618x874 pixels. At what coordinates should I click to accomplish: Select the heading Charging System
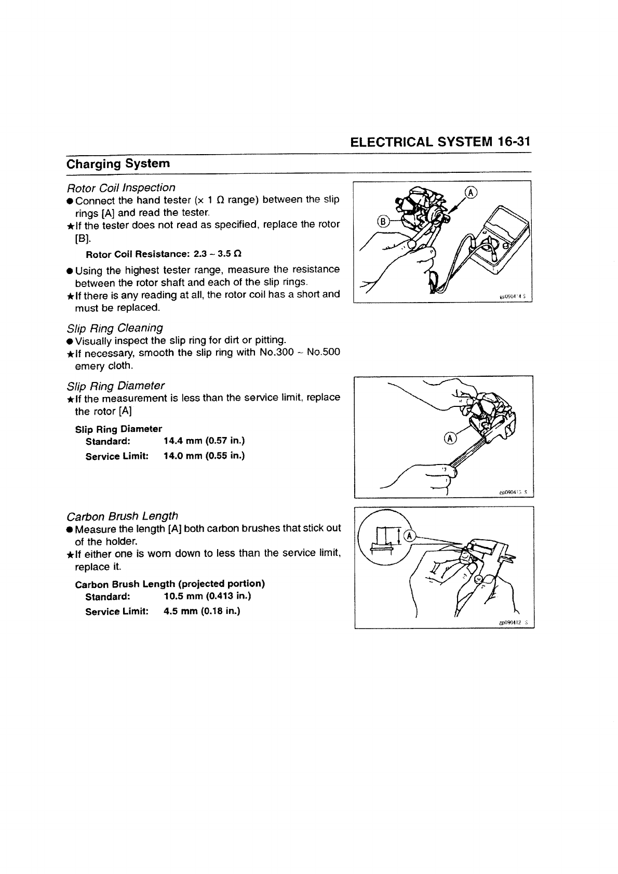[x=118, y=163]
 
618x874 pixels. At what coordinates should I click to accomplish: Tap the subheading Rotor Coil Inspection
[x=121, y=187]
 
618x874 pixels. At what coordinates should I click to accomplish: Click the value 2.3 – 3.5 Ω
[x=217, y=254]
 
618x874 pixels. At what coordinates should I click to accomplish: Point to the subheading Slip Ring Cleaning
[x=115, y=328]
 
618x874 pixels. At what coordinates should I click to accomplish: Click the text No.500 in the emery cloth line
[x=324, y=352]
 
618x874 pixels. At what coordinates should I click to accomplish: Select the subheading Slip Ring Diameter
[x=116, y=386]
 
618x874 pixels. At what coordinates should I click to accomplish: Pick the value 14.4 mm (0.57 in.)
[x=204, y=441]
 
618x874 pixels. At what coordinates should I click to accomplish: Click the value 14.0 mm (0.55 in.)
[x=204, y=456]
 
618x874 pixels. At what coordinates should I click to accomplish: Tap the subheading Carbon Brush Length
[x=123, y=516]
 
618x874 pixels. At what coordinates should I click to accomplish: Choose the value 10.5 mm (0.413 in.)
[x=207, y=596]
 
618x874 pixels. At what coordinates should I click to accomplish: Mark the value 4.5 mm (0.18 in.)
[x=202, y=611]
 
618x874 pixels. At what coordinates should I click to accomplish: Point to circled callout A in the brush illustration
[x=410, y=536]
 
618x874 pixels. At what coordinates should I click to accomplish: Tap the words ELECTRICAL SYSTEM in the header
[x=421, y=142]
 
